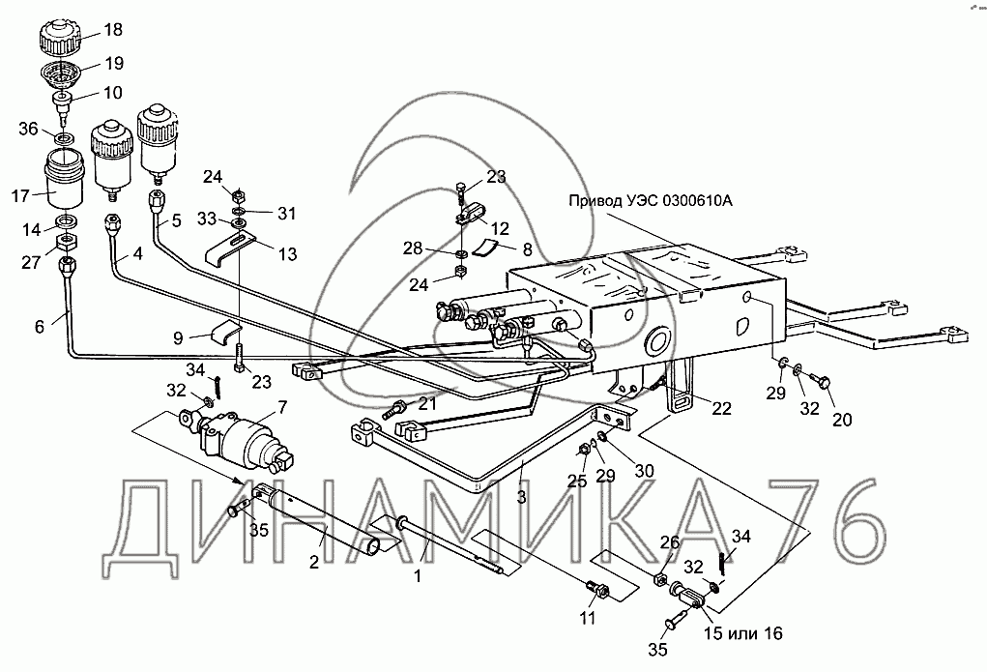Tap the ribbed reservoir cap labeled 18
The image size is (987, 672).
point(65,39)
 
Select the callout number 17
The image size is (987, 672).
point(21,196)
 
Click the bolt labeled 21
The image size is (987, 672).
point(396,411)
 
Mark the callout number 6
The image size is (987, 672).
point(39,327)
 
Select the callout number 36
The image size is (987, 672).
point(29,130)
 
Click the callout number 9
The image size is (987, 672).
point(178,338)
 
